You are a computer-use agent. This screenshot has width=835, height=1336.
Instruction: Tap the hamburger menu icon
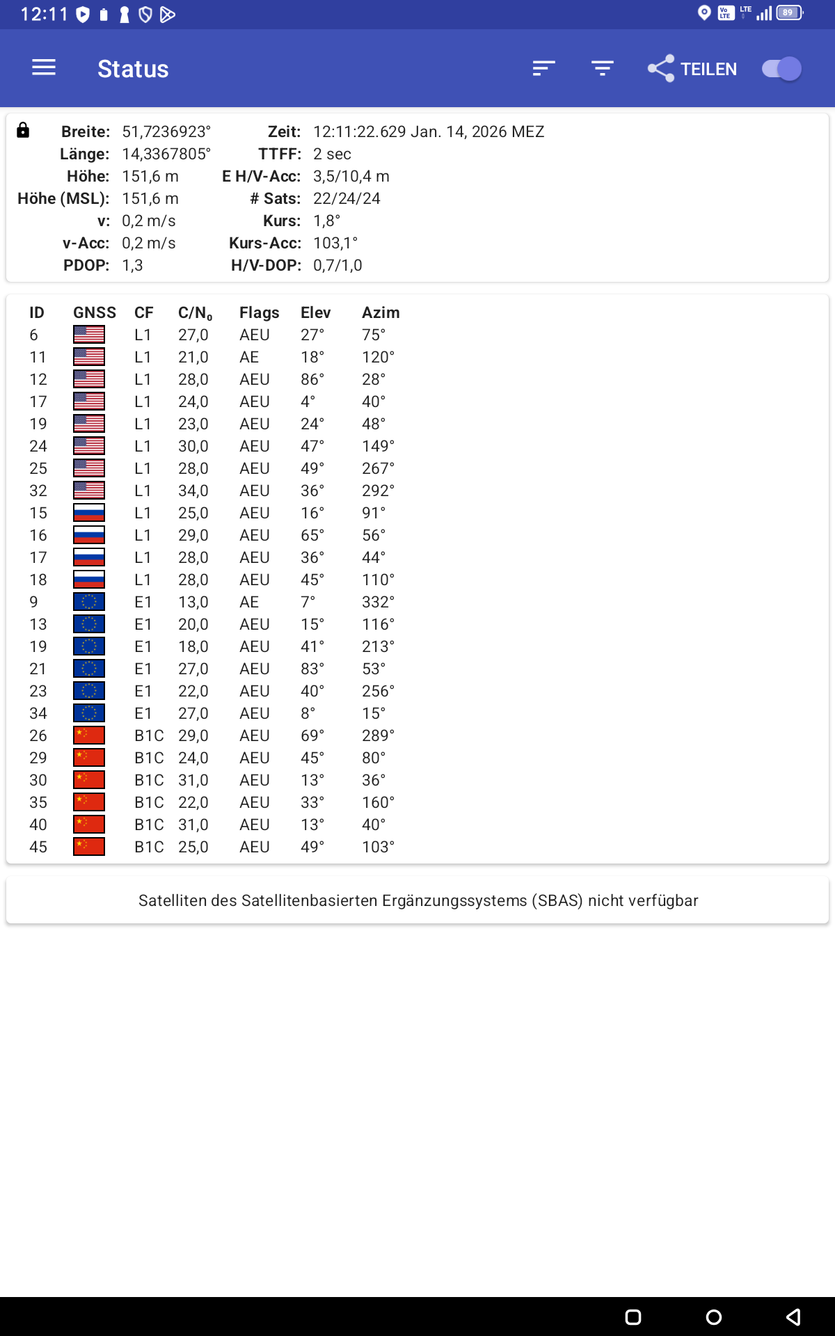point(44,67)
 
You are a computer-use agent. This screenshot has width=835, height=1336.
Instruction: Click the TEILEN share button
point(692,69)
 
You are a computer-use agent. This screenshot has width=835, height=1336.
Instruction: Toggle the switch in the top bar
point(781,69)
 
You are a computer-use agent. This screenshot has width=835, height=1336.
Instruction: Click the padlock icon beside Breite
point(23,130)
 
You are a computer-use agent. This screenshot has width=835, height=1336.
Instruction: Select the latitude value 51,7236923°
point(166,132)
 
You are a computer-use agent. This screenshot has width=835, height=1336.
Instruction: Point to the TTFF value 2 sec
point(332,154)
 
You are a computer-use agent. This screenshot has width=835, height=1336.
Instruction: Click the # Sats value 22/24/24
point(347,198)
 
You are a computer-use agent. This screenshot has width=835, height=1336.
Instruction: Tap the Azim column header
point(381,312)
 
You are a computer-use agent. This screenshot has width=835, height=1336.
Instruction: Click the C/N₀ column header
point(195,313)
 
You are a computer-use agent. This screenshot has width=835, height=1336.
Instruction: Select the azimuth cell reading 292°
point(378,491)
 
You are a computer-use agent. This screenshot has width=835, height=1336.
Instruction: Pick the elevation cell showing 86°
point(312,379)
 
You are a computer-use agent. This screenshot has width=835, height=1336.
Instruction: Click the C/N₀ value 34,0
point(193,491)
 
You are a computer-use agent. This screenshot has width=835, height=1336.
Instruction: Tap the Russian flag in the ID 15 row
point(89,513)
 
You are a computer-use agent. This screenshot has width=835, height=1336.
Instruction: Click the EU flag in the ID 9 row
point(89,602)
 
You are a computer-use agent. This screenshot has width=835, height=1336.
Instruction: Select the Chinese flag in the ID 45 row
point(89,847)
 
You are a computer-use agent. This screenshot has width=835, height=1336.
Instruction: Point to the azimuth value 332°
point(378,602)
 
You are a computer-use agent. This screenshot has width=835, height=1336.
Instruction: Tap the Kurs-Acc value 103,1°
point(335,243)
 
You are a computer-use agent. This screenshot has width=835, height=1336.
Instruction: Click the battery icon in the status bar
point(789,13)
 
